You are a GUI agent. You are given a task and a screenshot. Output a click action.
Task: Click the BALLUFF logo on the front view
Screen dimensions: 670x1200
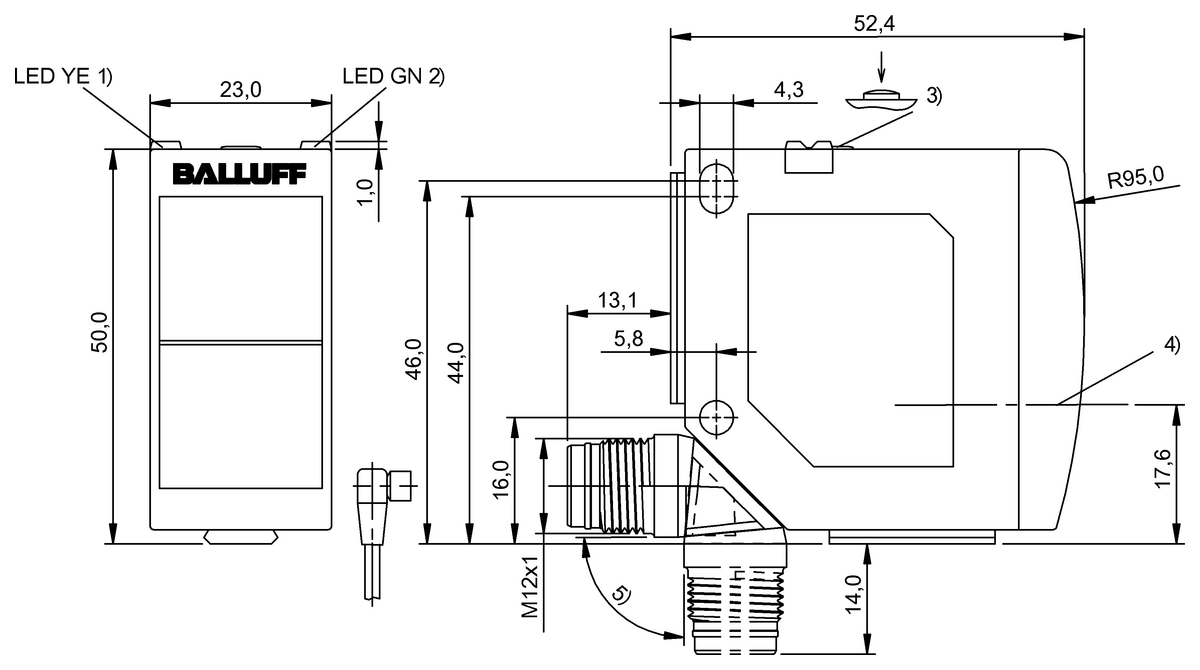[240, 174]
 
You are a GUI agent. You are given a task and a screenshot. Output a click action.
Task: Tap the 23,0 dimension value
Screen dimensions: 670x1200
[240, 89]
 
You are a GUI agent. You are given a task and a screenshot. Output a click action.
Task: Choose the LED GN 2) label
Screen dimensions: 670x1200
[393, 76]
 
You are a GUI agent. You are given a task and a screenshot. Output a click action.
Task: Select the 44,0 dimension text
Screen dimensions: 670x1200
[456, 361]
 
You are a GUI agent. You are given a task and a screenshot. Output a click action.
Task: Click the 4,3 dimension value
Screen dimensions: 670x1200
[789, 89]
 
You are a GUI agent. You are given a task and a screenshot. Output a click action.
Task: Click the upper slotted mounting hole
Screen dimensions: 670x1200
[716, 188]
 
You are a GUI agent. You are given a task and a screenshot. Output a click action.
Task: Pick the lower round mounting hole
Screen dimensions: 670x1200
[716, 413]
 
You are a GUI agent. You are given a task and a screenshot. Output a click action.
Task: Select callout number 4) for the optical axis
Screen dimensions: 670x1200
[1170, 346]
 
